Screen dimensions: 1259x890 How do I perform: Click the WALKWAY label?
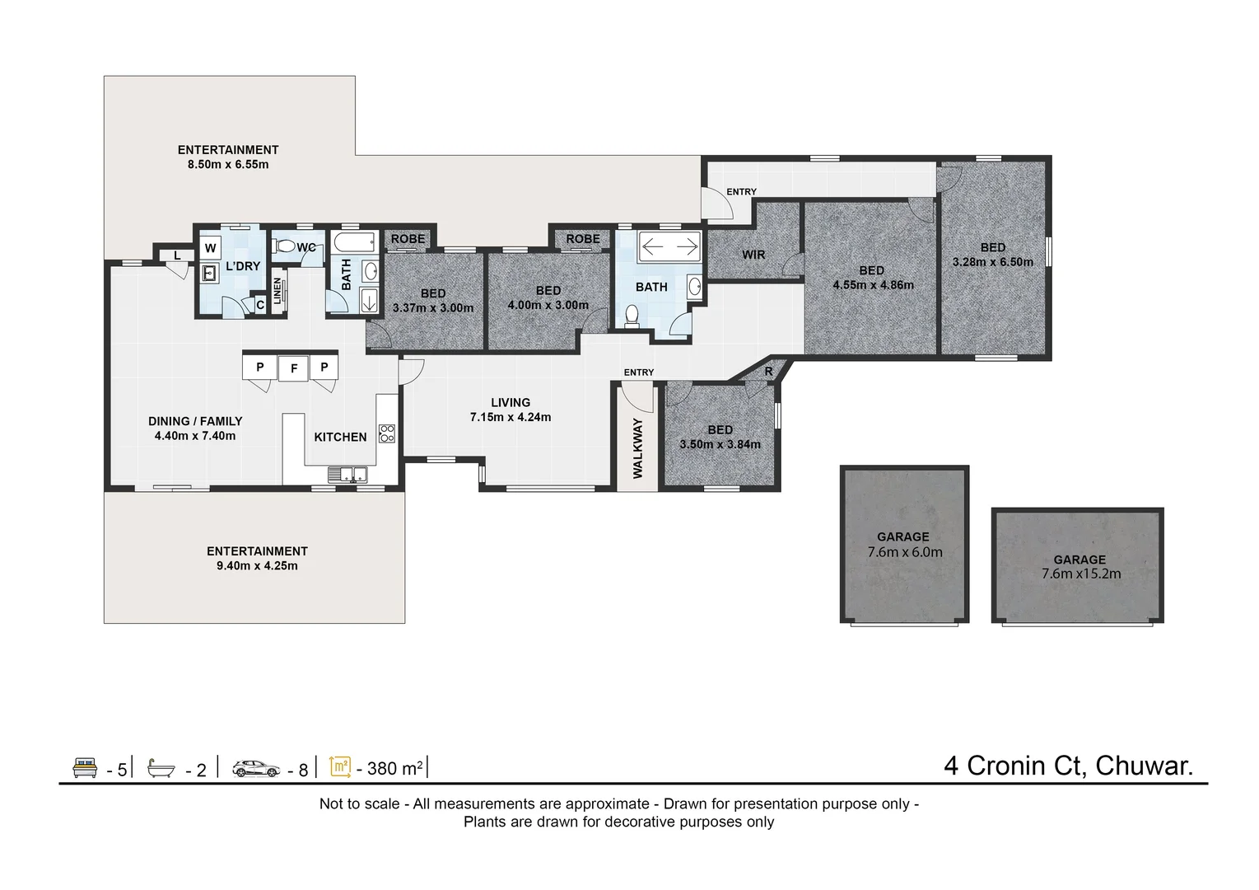[637, 448]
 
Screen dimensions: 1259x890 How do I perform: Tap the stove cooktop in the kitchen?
[387, 433]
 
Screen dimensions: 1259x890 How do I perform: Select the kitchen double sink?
[347, 475]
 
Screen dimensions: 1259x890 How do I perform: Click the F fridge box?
[293, 368]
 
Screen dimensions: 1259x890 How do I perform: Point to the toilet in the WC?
[284, 246]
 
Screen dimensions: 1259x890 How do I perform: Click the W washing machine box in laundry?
[211, 248]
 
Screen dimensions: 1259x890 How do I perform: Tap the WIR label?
[753, 255]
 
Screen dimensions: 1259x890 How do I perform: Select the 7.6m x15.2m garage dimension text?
[1081, 574]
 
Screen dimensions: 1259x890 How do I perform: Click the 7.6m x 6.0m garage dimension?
[904, 552]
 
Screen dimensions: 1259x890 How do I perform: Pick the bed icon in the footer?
[85, 768]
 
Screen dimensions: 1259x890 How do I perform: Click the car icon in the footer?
[256, 769]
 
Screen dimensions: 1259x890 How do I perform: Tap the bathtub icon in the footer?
[161, 769]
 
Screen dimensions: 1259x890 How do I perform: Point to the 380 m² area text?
[394, 768]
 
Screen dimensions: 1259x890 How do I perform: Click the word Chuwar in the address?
[1145, 766]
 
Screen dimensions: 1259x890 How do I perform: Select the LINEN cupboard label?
[277, 291]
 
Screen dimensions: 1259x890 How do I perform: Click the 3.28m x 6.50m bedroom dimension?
[992, 262]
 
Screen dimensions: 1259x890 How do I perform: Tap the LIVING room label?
[511, 403]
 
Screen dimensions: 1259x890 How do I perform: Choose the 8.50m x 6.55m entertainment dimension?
[228, 165]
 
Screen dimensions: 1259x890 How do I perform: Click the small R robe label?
[768, 372]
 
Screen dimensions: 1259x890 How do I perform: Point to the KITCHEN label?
[340, 437]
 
